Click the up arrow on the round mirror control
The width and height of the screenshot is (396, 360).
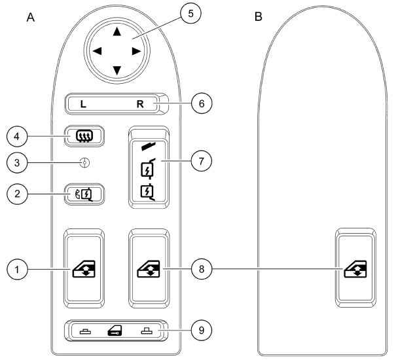coord(117,31)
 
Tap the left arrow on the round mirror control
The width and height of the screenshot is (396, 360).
coord(98,50)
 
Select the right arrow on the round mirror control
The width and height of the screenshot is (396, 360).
coord(135,50)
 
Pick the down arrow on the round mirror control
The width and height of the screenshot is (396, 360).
coord(117,69)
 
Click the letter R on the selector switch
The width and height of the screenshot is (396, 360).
coord(149,104)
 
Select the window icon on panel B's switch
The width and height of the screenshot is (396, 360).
coord(355,269)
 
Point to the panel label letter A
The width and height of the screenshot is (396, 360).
coord(30,16)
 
